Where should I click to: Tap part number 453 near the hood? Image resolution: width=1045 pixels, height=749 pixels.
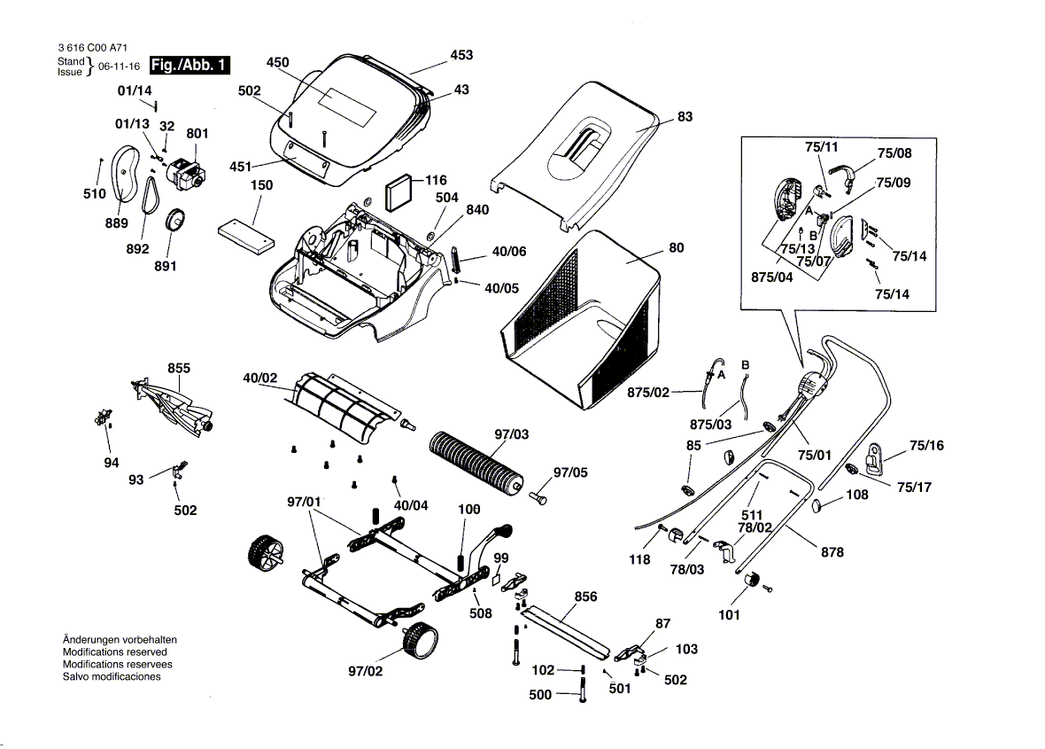point(461,55)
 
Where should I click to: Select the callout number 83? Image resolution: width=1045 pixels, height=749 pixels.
point(685,117)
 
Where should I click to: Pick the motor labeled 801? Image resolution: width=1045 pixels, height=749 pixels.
point(185,172)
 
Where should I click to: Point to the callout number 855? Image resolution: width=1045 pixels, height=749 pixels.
point(179,368)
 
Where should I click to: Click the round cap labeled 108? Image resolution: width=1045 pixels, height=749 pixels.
point(818,505)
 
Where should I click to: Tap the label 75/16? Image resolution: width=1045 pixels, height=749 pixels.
point(926,446)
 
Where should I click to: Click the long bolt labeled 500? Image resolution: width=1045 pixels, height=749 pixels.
point(582,692)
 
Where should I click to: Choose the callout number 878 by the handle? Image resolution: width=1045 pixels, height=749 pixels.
point(832,552)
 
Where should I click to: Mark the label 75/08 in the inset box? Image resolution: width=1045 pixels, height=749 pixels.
point(894,153)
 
